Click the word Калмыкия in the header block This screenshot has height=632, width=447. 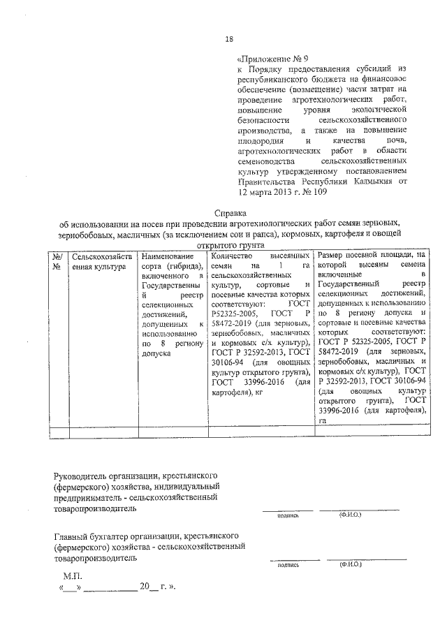[372, 180]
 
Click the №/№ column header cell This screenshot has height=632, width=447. [59, 262]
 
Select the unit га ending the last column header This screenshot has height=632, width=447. [322, 422]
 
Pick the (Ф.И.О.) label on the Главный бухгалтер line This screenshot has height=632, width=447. [349, 564]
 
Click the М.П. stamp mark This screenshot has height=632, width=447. [72, 576]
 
